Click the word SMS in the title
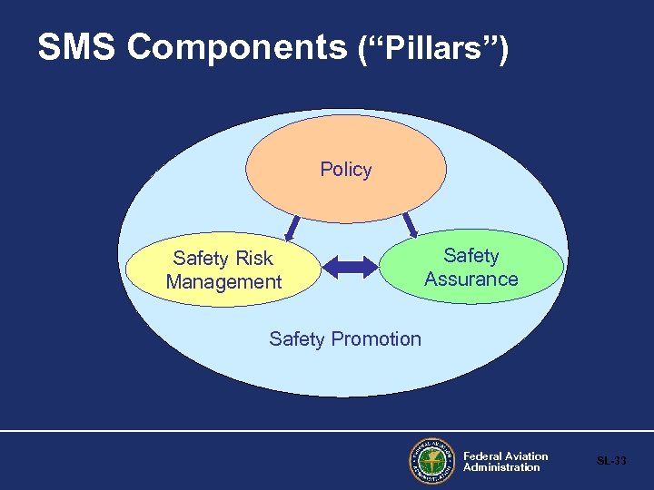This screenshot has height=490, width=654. point(77,48)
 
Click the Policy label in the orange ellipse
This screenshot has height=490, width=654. point(346,170)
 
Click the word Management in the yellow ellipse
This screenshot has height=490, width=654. point(224,282)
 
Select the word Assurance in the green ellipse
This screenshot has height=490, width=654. point(471,279)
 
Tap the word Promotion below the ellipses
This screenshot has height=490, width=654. point(376,339)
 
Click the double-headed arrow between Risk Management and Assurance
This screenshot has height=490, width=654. point(350,266)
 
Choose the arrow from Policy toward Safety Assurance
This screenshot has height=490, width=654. point(409,222)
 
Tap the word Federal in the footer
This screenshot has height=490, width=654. point(481,456)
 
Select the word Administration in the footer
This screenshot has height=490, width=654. point(501,467)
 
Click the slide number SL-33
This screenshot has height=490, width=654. point(611,461)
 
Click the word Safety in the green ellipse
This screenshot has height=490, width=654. point(471,256)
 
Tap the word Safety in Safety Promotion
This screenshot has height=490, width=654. point(296,339)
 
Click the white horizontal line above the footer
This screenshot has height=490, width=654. point(327,431)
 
